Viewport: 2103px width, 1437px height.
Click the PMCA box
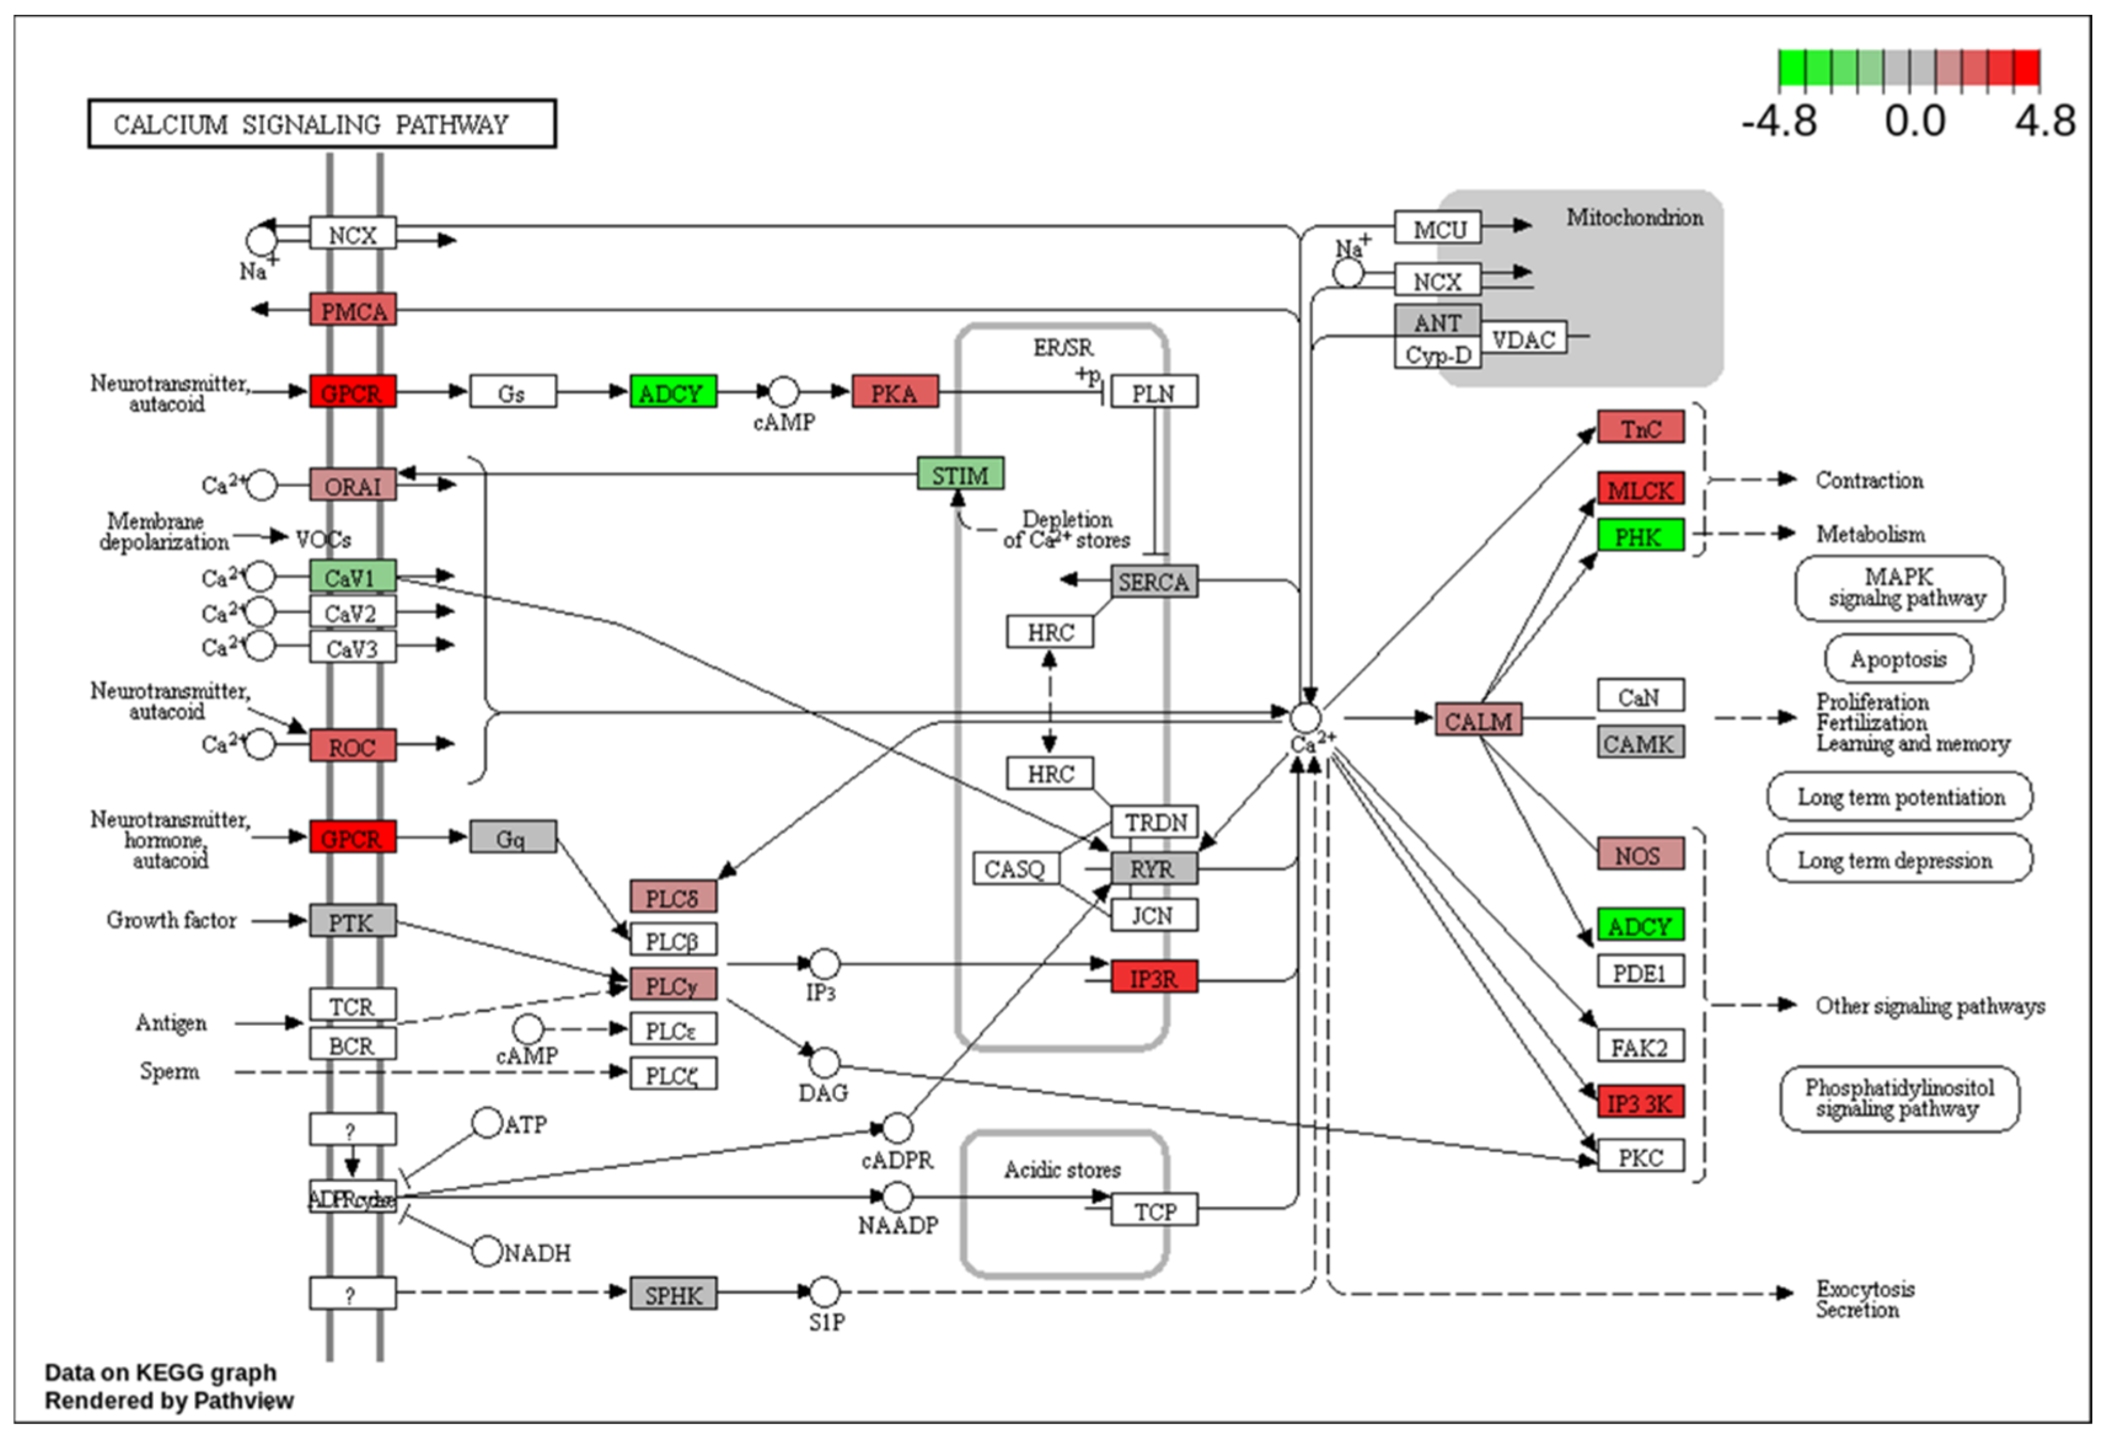point(352,310)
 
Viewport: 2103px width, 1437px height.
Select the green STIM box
point(960,474)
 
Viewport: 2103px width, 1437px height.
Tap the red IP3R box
point(1154,977)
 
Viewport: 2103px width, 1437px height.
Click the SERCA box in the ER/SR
point(1154,581)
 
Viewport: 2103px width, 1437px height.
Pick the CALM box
point(1478,720)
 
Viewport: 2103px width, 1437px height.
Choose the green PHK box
point(1640,536)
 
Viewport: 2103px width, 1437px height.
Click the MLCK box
point(1640,490)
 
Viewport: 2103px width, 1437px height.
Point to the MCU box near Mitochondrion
point(1438,229)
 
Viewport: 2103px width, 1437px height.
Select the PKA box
point(894,393)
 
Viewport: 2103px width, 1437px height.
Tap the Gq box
point(512,838)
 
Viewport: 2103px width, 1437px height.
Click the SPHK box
point(674,1294)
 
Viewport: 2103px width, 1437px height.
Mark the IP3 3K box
point(1640,1102)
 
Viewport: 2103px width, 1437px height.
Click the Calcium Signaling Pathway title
point(321,124)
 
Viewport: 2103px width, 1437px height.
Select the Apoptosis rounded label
point(1898,659)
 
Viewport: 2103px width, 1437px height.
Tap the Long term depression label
point(1898,860)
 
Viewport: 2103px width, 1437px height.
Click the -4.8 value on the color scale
point(1778,121)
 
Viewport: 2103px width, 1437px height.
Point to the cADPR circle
point(897,1127)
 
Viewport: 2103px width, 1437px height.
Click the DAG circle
point(824,1062)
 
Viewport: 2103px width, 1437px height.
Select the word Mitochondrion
point(1634,217)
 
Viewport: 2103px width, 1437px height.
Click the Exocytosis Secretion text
point(1864,1299)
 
